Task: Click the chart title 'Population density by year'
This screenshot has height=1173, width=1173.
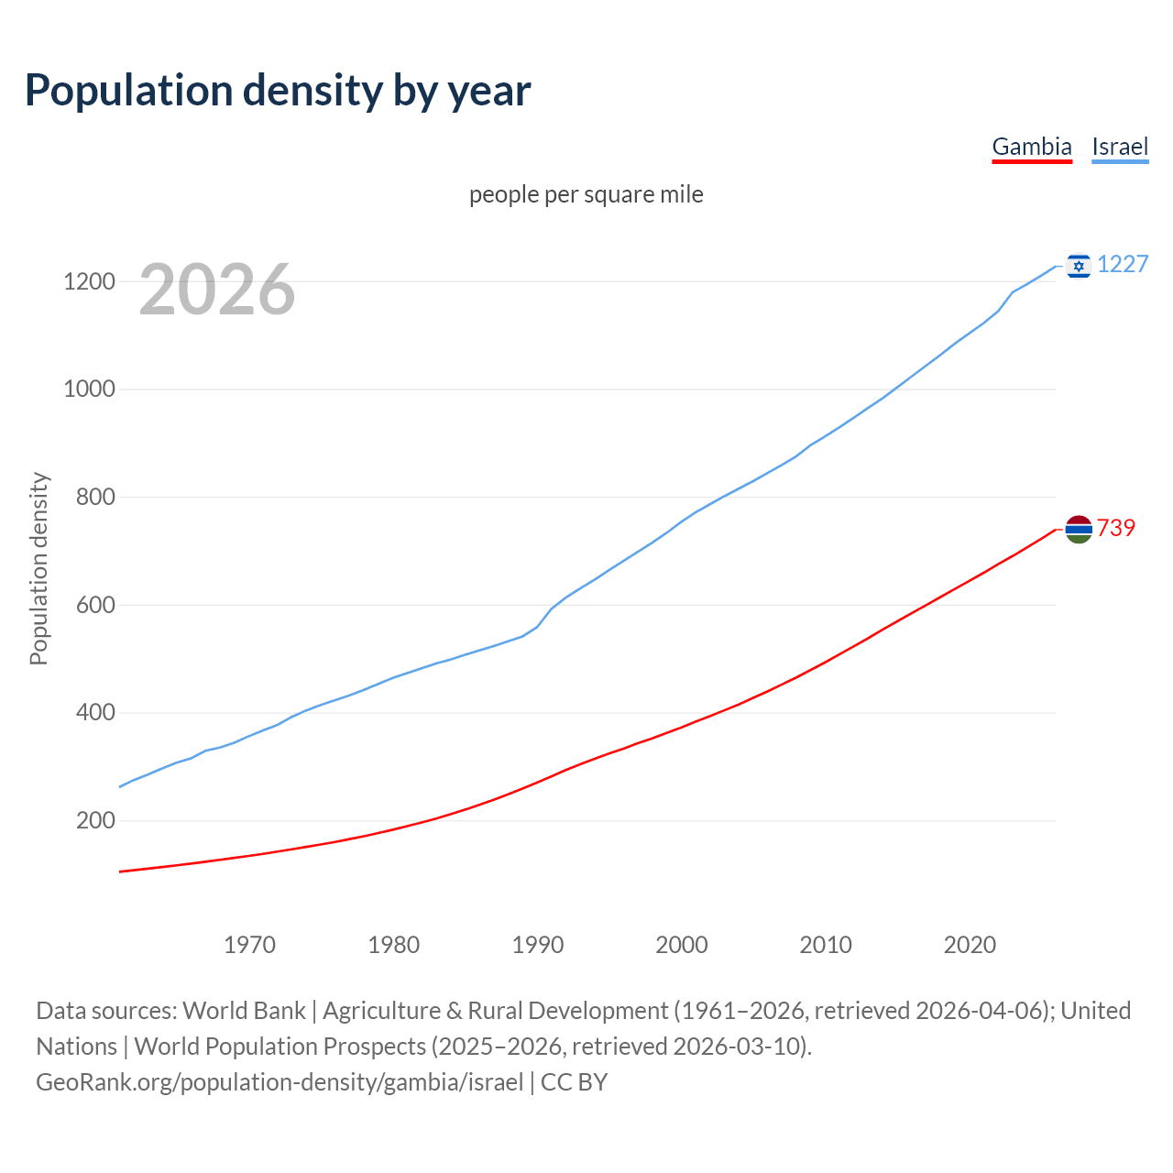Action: (x=278, y=90)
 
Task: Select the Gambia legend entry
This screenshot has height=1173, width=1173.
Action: (x=1032, y=147)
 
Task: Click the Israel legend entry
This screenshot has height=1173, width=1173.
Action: (x=1120, y=147)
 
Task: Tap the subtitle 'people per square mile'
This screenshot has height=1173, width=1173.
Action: (x=586, y=194)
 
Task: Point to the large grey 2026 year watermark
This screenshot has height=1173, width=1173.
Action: (x=217, y=290)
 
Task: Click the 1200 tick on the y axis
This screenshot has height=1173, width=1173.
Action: (x=89, y=281)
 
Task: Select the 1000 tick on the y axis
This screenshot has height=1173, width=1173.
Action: (x=89, y=389)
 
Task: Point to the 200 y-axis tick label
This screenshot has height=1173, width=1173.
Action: (x=95, y=820)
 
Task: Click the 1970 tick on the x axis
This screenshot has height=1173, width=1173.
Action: (x=250, y=945)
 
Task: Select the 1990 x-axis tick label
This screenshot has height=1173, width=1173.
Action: (x=538, y=945)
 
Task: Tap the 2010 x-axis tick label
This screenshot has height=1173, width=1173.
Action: (x=826, y=945)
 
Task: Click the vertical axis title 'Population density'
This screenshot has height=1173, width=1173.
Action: (x=38, y=568)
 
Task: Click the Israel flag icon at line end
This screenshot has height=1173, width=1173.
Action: (x=1079, y=266)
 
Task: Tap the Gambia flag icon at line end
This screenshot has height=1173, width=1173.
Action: (x=1079, y=529)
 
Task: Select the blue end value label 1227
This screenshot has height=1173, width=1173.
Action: (x=1123, y=265)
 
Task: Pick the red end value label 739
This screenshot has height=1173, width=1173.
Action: (x=1116, y=528)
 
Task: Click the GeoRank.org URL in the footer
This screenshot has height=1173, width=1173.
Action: (x=280, y=1082)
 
